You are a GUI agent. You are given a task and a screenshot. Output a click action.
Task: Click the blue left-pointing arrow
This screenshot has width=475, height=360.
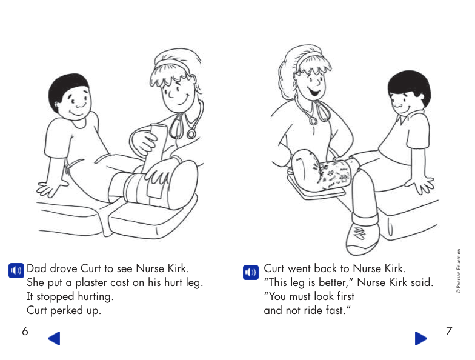[54, 338]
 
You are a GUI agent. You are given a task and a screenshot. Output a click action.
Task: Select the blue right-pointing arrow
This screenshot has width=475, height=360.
[421, 338]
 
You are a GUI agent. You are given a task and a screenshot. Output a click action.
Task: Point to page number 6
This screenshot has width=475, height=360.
[25, 331]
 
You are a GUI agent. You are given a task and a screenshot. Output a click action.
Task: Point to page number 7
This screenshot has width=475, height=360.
[448, 331]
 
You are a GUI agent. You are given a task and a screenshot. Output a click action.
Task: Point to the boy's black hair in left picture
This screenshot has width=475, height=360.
[68, 85]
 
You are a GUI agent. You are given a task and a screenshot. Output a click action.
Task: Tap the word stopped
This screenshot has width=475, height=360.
[56, 296]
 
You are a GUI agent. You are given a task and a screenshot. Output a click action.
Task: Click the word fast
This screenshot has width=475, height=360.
[338, 310]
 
